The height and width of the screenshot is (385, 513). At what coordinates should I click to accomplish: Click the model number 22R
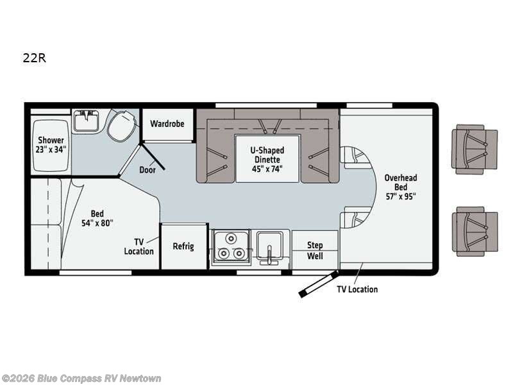35,58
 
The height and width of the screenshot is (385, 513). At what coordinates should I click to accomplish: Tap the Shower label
51,140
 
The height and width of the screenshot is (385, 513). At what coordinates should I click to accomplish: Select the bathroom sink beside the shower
86,121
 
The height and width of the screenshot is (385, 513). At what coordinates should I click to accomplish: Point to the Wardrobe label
167,124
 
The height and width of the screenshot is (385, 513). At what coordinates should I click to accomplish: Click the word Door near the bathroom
147,169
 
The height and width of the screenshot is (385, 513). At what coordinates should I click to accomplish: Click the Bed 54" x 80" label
97,218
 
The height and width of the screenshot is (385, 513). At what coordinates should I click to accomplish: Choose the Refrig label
183,246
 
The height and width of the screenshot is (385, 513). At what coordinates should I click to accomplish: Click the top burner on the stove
232,239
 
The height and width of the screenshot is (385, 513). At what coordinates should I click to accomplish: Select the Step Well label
315,250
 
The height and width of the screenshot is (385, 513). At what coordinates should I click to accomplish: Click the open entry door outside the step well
318,284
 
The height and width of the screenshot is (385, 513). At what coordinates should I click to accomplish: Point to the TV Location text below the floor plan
357,289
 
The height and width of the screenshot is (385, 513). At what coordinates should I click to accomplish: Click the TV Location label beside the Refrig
139,246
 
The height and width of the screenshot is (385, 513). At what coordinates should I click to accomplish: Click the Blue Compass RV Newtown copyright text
81,379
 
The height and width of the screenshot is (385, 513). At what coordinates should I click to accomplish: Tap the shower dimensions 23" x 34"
51,150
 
